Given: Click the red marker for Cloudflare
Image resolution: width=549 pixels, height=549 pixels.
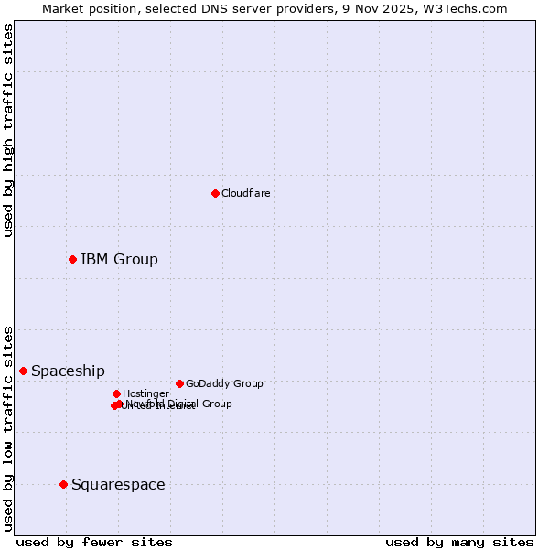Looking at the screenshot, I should click(215, 193).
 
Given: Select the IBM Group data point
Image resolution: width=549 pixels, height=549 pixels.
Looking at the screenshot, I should click(72, 259).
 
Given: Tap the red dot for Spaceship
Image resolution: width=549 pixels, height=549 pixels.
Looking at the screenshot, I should click(23, 371).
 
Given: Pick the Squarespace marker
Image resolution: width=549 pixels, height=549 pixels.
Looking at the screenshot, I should click(63, 484).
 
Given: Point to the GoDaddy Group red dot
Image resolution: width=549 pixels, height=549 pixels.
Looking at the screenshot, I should click(179, 383).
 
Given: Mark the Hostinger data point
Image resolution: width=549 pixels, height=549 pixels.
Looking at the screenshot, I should click(116, 393).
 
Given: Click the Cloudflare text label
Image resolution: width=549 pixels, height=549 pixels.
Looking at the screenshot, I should click(245, 193).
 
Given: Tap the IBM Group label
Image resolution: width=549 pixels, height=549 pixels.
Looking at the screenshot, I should click(119, 259).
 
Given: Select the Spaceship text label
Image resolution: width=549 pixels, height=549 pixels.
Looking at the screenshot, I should click(68, 371).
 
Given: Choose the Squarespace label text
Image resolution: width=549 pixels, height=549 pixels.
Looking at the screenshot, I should click(118, 484).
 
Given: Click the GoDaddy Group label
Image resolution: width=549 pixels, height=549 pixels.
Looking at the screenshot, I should click(224, 383).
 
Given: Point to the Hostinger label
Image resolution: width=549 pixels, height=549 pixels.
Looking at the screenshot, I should click(145, 393).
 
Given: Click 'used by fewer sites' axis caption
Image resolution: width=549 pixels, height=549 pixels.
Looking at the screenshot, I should click(94, 542).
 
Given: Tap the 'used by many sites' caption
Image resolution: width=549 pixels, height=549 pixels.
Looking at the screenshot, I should click(459, 542).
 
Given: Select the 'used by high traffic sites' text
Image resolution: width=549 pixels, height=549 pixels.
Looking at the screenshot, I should click(8, 130).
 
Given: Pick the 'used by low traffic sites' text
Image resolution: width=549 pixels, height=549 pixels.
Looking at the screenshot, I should click(8, 427).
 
